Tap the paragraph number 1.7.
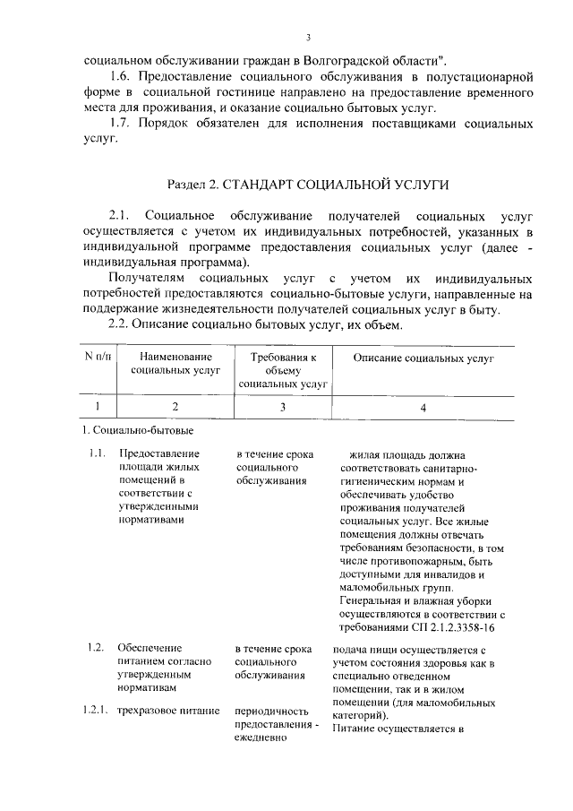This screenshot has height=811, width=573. pyautogui.click(x=121, y=123)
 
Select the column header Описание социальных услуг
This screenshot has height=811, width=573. pyautogui.click(x=423, y=358)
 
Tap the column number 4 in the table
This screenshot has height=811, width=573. pyautogui.click(x=423, y=407)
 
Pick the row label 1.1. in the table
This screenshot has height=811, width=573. pyautogui.click(x=98, y=454)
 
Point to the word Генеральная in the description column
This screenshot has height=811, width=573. pyautogui.click(x=374, y=600)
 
